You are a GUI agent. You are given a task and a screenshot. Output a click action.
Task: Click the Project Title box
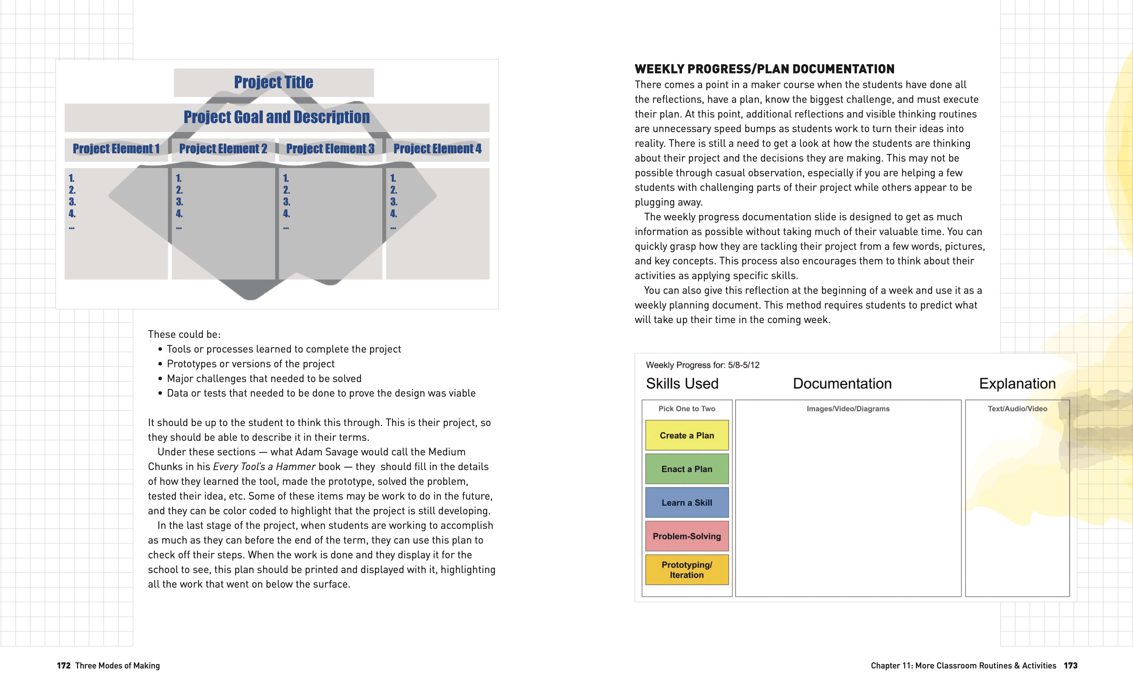pyautogui.click(x=274, y=82)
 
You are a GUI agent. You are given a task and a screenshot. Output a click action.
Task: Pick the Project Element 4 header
pyautogui.click(x=437, y=149)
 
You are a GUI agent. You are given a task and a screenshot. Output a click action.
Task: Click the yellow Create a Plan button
pyautogui.click(x=687, y=435)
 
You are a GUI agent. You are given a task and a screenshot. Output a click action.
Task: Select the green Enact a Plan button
pyautogui.click(x=687, y=469)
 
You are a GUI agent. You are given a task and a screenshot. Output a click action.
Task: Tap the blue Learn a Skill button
pyautogui.click(x=687, y=502)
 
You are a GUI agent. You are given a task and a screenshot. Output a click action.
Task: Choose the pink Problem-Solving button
pyautogui.click(x=687, y=536)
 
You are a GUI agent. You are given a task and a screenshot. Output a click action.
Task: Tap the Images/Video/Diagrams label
pyautogui.click(x=848, y=409)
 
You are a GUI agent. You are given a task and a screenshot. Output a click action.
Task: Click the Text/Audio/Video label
pyautogui.click(x=1017, y=409)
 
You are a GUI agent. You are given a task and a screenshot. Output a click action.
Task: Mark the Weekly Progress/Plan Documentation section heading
pyautogui.click(x=764, y=69)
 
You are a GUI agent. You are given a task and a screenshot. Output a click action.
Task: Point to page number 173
pyautogui.click(x=1070, y=665)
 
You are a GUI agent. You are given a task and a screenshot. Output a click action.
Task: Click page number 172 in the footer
pyautogui.click(x=63, y=665)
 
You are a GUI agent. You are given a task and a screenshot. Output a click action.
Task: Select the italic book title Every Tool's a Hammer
pyautogui.click(x=264, y=467)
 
